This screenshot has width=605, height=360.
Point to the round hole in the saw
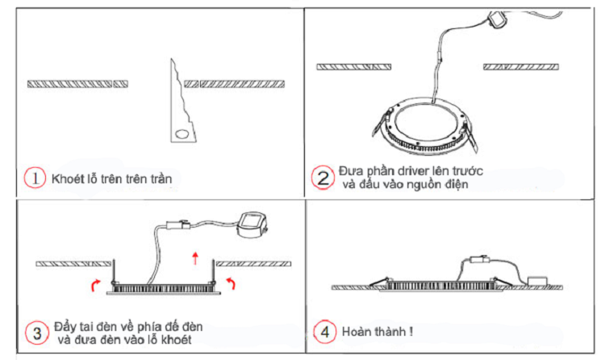[183, 132]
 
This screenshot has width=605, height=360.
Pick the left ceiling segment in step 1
[77, 82]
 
